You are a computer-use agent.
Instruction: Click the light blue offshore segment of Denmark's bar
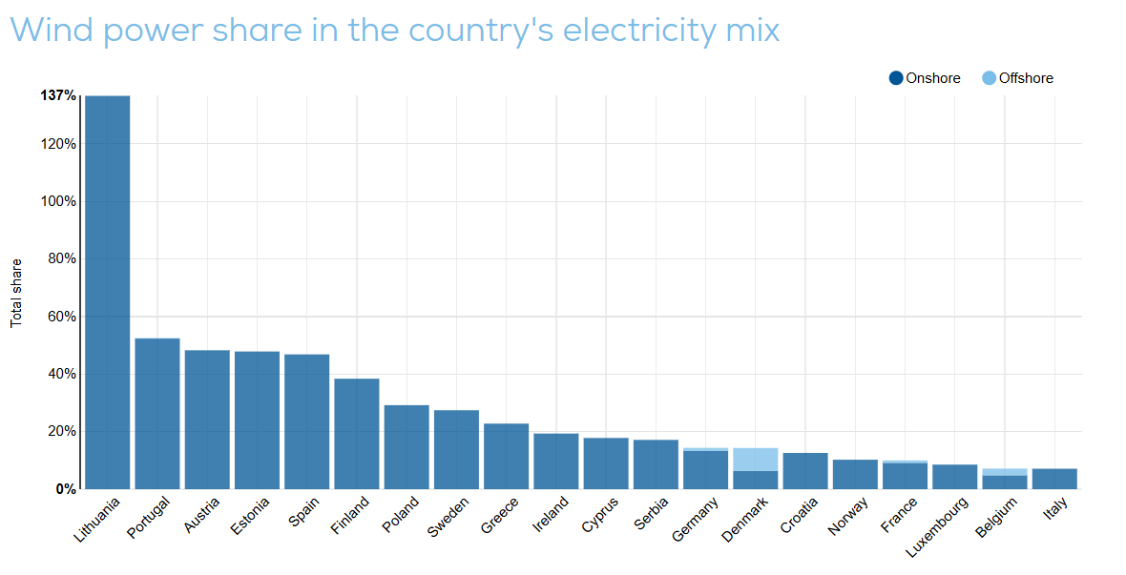click(x=756, y=459)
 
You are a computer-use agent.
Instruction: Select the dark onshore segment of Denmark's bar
click(x=756, y=480)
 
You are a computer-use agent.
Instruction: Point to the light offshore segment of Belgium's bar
click(x=1005, y=471)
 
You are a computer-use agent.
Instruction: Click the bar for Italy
click(x=1054, y=479)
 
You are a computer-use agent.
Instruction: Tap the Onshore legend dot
click(x=896, y=78)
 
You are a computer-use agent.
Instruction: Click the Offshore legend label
click(x=1026, y=78)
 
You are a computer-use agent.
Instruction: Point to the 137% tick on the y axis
click(x=58, y=95)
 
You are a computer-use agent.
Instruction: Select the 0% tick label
click(x=65, y=488)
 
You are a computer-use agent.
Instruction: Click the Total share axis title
click(x=16, y=293)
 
